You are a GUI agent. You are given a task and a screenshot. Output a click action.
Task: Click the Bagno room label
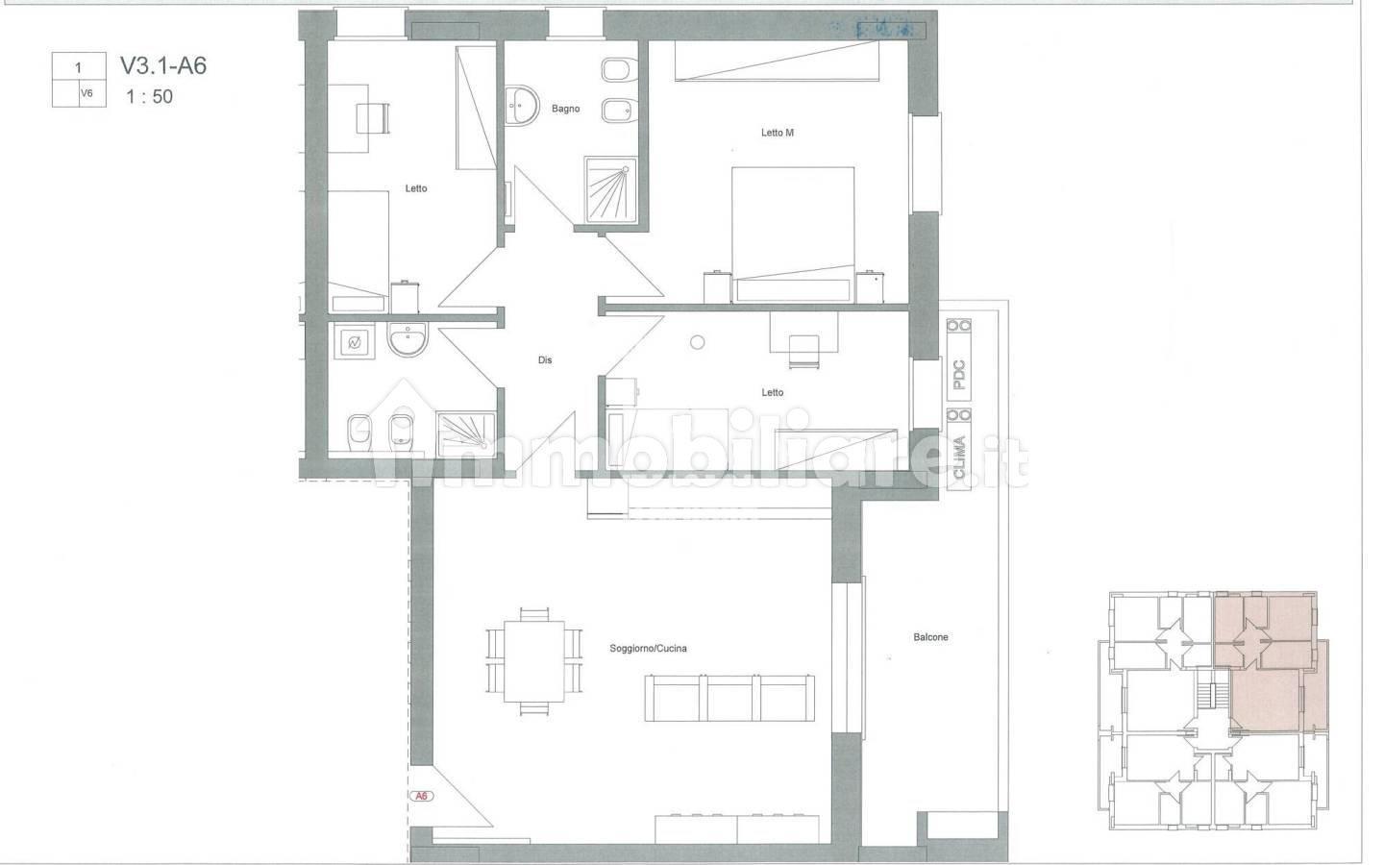point(565,109)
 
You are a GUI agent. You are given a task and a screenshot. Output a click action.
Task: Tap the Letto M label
point(777,133)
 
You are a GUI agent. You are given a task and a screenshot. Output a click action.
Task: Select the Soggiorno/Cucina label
point(648,648)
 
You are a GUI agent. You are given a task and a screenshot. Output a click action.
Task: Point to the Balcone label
point(930,637)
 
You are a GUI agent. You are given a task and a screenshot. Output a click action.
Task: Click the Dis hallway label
point(544,359)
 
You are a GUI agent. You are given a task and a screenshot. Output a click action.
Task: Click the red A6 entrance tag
point(421,796)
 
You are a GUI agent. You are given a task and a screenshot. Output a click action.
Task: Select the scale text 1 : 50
point(150,96)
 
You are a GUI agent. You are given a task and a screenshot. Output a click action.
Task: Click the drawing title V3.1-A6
point(163,65)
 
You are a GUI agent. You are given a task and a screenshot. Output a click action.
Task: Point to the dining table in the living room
point(533,661)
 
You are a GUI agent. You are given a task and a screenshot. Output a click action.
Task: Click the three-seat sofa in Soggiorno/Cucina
point(729,698)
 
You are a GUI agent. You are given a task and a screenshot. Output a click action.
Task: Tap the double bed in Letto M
point(793,235)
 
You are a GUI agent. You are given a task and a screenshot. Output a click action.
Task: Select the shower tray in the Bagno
point(610,189)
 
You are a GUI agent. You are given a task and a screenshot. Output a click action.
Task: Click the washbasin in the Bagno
point(521,106)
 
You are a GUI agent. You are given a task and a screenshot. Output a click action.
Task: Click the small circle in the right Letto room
point(697,342)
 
